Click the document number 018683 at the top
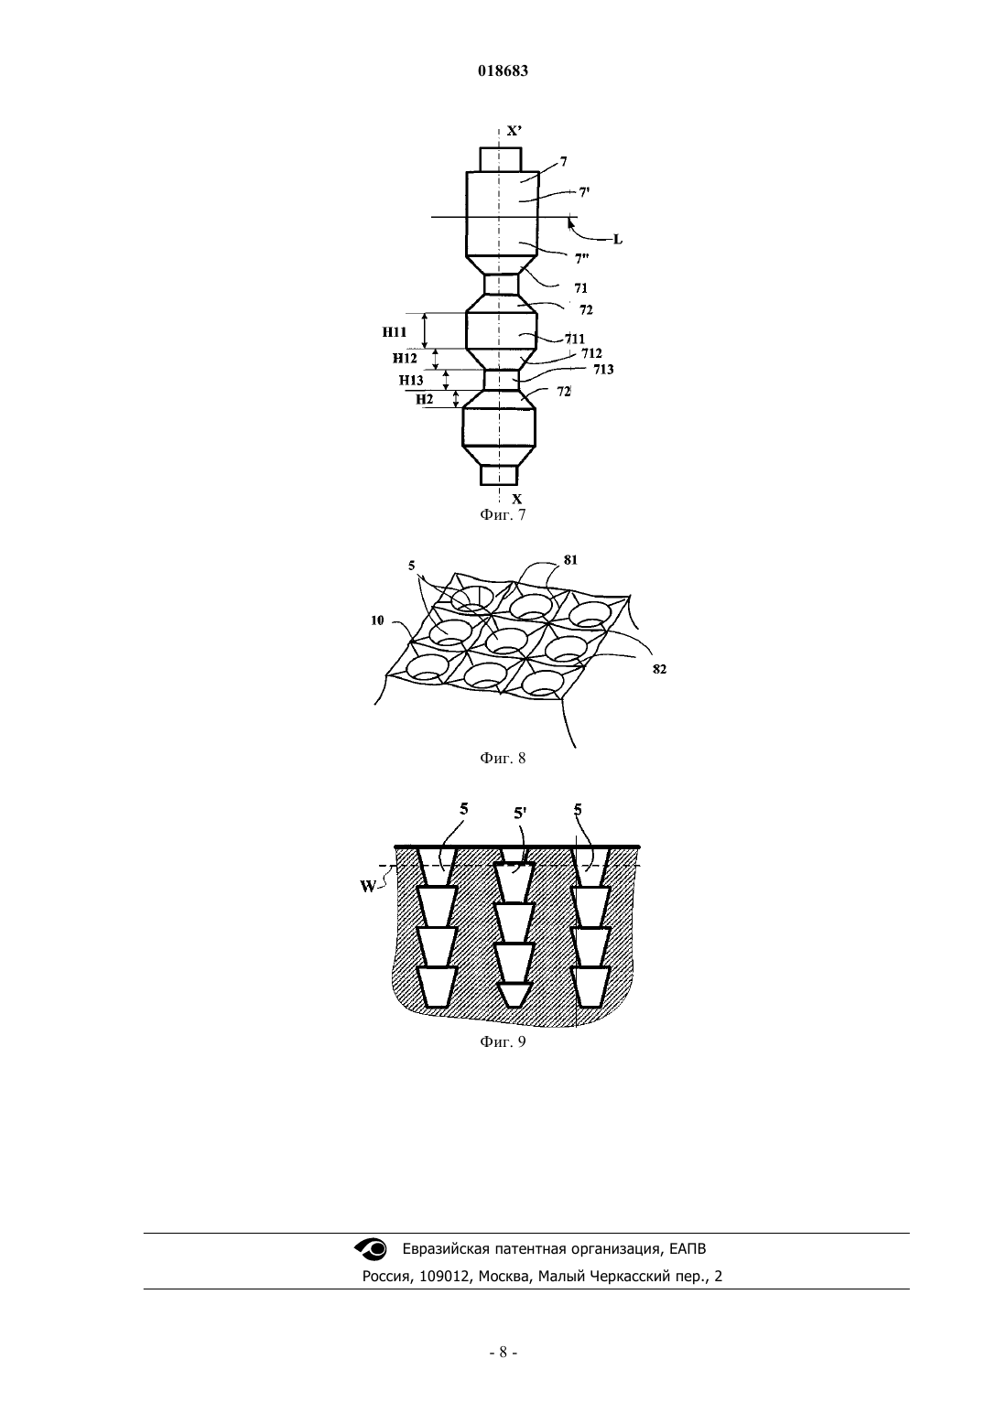(503, 71)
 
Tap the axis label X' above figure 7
(514, 131)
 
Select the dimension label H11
(395, 332)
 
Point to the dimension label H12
(405, 358)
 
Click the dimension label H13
(411, 380)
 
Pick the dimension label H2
(425, 399)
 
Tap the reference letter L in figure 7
(617, 240)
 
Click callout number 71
(580, 288)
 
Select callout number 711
(575, 339)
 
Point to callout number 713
(604, 370)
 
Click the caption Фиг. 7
(503, 515)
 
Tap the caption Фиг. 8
(503, 758)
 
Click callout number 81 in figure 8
(570, 560)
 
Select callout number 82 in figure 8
(659, 669)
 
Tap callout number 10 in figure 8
(377, 620)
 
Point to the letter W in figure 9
(368, 887)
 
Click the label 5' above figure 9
(521, 813)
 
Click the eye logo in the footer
(370, 1248)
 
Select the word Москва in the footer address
(506, 1276)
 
